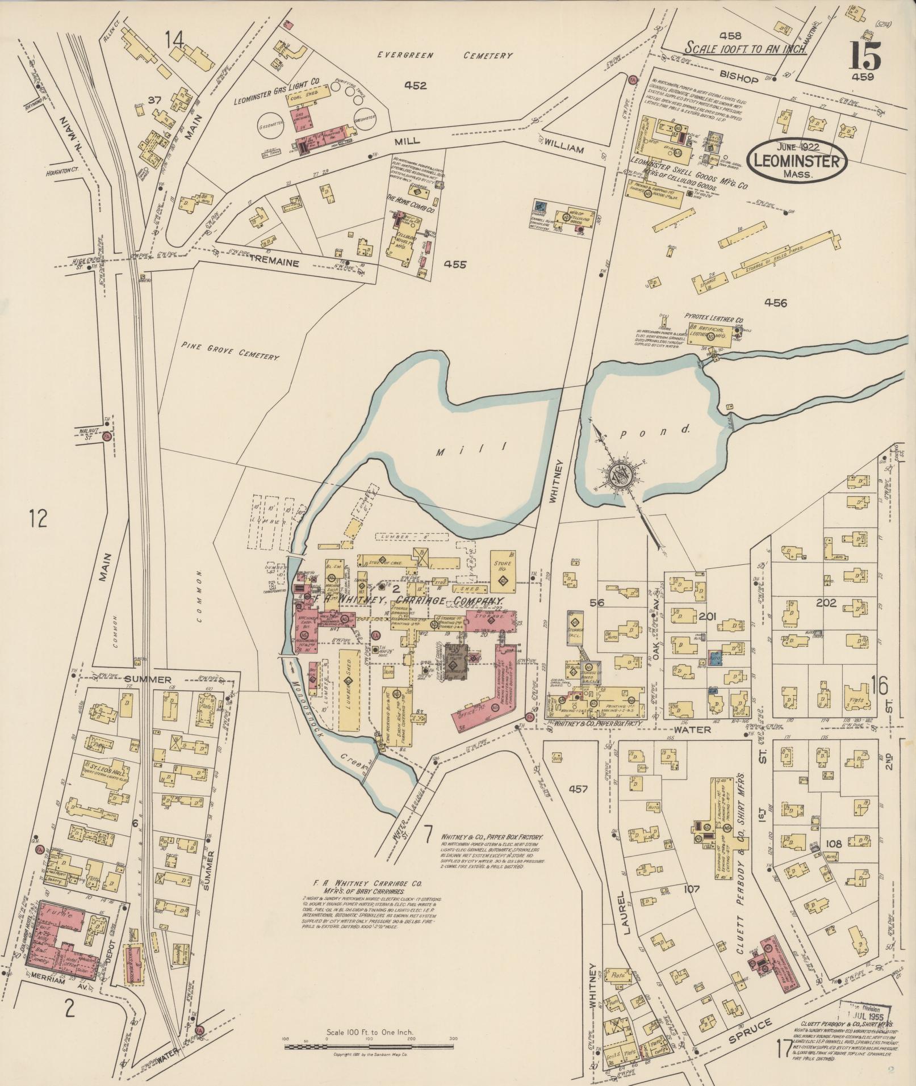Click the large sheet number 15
(865, 55)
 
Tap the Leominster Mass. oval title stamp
(797, 161)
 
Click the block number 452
(415, 86)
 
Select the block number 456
(775, 303)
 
